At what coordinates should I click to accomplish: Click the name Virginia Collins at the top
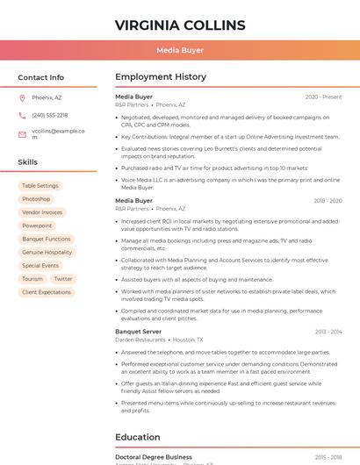180,25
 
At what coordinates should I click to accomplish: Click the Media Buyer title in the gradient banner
180,51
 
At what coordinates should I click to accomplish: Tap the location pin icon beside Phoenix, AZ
22,97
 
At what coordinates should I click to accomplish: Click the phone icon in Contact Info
22,116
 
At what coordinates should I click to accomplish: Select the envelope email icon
22,134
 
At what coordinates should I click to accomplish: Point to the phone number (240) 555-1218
49,116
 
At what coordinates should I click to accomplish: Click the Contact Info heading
40,77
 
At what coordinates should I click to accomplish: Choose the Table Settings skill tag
40,186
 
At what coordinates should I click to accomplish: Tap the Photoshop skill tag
36,199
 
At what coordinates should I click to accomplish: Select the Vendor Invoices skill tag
42,212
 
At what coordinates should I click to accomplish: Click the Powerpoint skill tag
37,225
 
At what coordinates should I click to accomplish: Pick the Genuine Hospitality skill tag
47,252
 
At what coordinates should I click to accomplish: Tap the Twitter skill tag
63,279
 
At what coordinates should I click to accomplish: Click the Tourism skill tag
32,279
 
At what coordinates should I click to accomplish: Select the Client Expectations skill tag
47,292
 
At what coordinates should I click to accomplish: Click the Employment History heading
161,77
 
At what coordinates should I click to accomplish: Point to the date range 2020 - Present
323,97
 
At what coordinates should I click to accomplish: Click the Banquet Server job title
138,332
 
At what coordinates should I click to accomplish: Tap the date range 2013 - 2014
328,333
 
